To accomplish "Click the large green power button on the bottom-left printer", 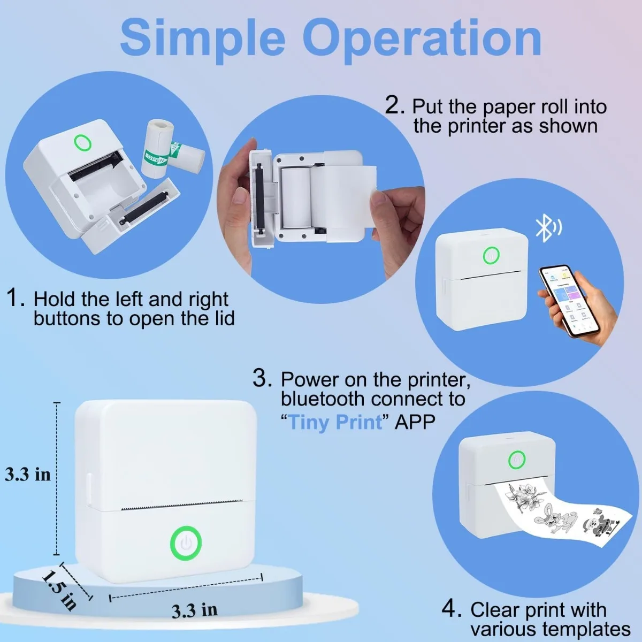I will [186, 542].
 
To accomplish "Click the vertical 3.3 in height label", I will [28, 474].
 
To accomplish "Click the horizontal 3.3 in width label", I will [194, 610].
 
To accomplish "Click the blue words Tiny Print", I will [335, 422].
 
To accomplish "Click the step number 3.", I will [262, 378].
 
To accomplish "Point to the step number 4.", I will [452, 608].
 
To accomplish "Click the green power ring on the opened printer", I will [82, 142].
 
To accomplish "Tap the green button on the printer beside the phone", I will [491, 256].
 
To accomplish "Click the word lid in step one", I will [224, 318].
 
